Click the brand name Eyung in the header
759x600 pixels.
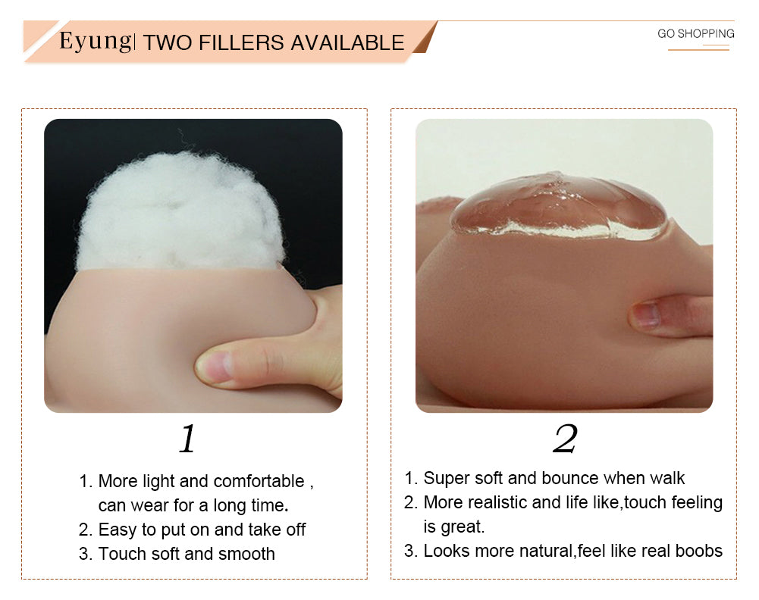pyautogui.click(x=95, y=42)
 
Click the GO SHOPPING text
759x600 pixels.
pyautogui.click(x=695, y=33)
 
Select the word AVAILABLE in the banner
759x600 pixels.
pyautogui.click(x=347, y=42)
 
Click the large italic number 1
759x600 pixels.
pyautogui.click(x=187, y=439)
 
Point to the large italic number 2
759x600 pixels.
pyautogui.click(x=565, y=439)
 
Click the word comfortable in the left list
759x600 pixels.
pyautogui.click(x=259, y=482)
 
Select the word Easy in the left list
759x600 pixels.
pyautogui.click(x=117, y=530)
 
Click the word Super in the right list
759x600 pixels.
pyautogui.click(x=447, y=479)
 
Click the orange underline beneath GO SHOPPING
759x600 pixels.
pyautogui.click(x=698, y=48)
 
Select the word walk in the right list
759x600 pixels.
pyautogui.click(x=667, y=478)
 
